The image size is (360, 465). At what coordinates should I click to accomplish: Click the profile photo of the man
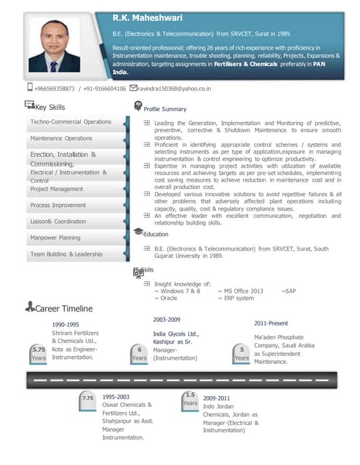coord(54,47)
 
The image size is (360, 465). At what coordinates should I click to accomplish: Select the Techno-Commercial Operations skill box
coord(71,121)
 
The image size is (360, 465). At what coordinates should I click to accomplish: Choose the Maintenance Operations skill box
coord(61,138)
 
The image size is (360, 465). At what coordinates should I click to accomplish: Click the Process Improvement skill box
coord(58,206)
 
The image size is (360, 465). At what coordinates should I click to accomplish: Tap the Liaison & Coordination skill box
coord(58,222)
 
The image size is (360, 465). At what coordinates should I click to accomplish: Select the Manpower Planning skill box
coord(55,238)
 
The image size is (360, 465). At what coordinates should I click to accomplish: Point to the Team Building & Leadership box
coord(66,254)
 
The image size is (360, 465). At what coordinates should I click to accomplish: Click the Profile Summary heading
coord(165,109)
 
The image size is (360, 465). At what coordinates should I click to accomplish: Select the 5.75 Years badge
coord(39,353)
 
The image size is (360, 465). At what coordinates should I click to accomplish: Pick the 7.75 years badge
coord(88,398)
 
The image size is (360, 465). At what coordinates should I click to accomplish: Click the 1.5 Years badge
coord(190,398)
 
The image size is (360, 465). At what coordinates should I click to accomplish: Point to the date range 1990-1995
coord(65,325)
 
